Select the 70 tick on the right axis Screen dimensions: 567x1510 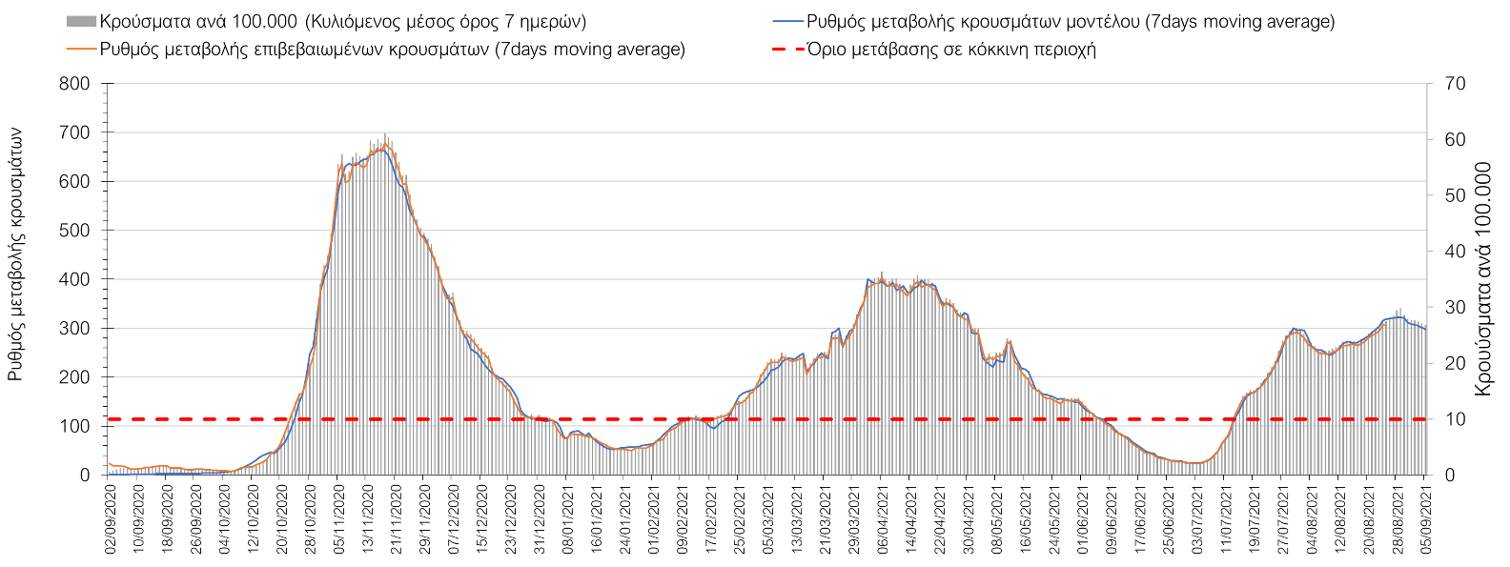pos(1455,84)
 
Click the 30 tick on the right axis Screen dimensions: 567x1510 pos(1455,307)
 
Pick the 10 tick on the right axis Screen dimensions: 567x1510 pos(1455,419)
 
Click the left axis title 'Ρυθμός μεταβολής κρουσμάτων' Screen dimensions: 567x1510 pos(15,255)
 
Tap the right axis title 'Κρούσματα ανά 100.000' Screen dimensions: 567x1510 pos(1483,278)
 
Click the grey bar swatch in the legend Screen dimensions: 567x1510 pos(81,22)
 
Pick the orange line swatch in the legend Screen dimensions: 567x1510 pos(81,50)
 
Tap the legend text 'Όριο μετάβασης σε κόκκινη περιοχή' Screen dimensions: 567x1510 pos(951,50)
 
